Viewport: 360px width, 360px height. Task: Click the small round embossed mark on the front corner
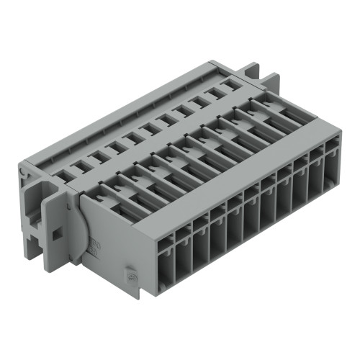click(130, 274)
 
